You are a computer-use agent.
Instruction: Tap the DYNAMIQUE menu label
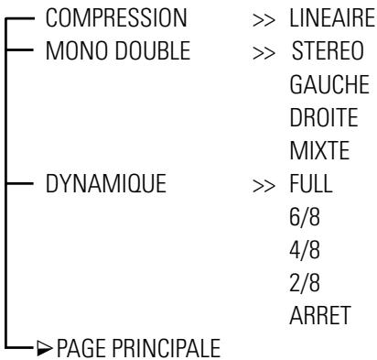[x=103, y=181]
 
